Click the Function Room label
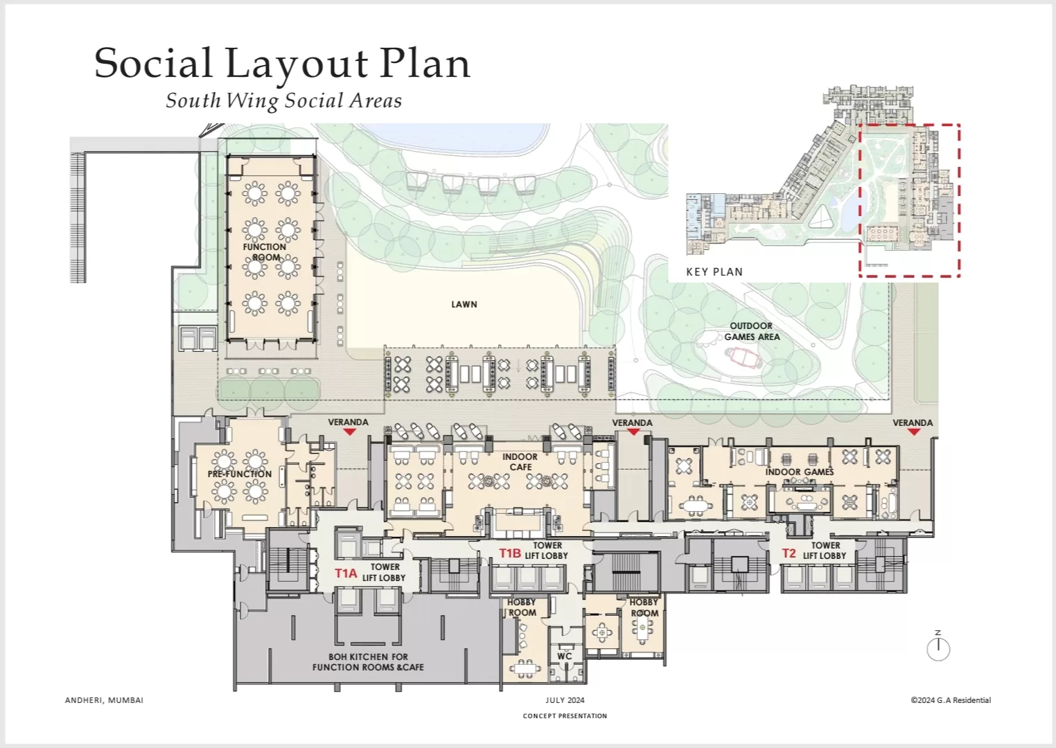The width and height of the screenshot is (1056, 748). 265,252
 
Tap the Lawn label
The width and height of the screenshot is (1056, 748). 464,305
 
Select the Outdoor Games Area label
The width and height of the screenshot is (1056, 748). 752,331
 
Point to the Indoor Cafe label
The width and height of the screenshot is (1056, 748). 520,462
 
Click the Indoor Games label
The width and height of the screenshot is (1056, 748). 800,472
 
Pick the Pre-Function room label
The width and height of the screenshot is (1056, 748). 240,474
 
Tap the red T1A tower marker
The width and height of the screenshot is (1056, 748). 346,573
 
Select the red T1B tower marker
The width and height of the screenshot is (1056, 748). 510,553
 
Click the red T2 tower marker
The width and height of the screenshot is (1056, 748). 789,553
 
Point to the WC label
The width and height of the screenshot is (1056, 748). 564,656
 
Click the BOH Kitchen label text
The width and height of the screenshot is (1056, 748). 368,661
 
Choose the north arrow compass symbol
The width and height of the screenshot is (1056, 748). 938,647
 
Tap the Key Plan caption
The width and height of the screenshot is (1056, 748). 714,272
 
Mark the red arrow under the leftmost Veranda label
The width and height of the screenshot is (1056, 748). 349,431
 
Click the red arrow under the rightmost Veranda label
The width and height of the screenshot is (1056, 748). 913,431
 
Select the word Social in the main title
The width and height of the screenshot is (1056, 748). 153,62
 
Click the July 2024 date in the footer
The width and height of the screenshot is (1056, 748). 565,700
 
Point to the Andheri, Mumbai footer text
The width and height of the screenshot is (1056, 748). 104,700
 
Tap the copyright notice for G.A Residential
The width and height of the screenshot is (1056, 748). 951,700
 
